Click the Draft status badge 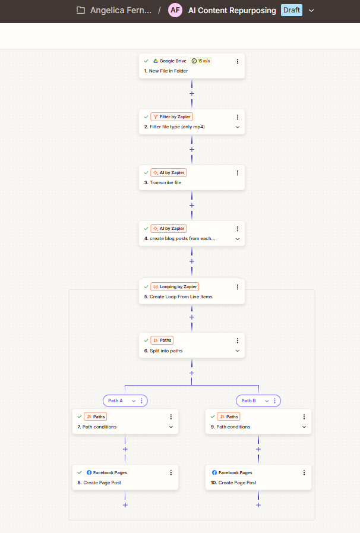[291, 10]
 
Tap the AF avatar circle [175, 10]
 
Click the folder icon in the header [81, 10]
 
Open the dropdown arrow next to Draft [311, 11]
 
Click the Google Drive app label [169, 61]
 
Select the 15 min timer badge [201, 61]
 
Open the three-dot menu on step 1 [237, 61]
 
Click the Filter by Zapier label [172, 117]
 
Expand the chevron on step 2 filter [237, 127]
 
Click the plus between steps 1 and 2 [192, 93]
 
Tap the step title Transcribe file [166, 182]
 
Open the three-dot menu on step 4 [237, 229]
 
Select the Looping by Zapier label [175, 287]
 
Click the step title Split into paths [166, 351]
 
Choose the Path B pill [258, 400]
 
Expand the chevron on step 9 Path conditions [304, 427]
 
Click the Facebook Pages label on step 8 [107, 472]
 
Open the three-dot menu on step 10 [304, 472]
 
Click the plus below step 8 [125, 505]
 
